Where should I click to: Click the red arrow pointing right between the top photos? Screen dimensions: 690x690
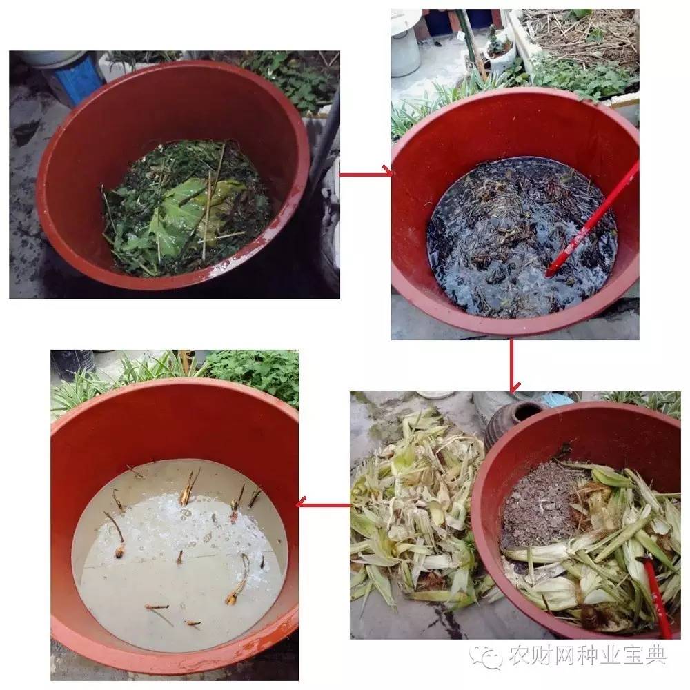366,174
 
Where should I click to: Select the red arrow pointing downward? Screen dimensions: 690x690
511,366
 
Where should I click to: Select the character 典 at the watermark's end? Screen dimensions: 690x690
656,655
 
